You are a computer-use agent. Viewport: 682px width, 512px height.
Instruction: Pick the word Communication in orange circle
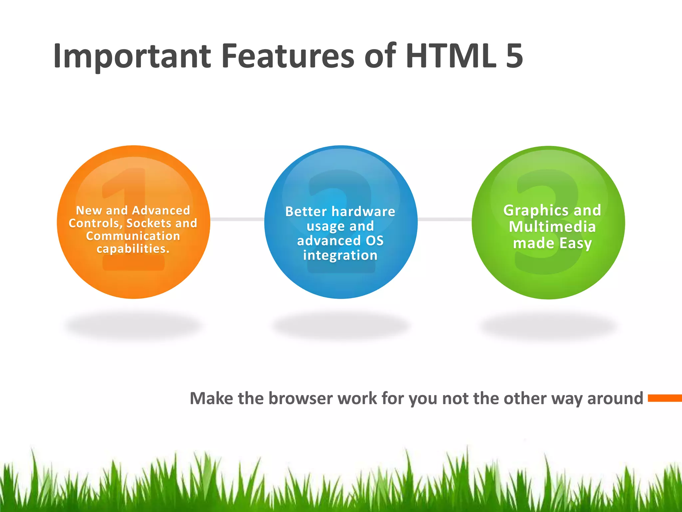point(133,236)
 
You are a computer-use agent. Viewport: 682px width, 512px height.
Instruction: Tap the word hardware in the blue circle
point(363,212)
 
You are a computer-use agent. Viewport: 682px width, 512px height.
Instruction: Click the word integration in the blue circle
point(340,255)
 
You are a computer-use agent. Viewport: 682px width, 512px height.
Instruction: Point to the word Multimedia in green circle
point(552,227)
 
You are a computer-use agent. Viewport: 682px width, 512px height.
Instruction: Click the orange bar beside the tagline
point(665,398)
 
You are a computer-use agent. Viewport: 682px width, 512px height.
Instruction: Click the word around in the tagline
point(615,399)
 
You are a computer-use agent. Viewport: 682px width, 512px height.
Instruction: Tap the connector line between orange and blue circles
point(237,219)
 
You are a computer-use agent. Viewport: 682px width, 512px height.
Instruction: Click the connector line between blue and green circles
point(445,219)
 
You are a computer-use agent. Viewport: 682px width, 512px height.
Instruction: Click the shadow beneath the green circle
point(548,326)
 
